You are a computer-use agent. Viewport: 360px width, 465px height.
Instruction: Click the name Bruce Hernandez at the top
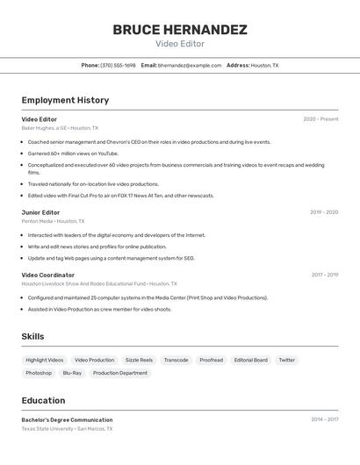click(180, 30)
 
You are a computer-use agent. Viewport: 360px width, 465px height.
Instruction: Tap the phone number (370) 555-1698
click(118, 65)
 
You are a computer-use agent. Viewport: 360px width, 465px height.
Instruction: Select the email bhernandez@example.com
click(190, 65)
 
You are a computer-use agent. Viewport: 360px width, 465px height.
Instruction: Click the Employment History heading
click(65, 100)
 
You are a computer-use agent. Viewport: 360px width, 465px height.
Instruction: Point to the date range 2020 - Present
click(320, 119)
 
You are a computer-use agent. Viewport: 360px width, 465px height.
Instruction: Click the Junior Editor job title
click(41, 212)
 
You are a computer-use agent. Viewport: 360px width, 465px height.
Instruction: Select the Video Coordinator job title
click(48, 275)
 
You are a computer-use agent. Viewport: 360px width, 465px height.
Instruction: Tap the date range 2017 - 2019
click(324, 275)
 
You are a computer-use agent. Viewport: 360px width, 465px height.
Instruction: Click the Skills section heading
click(32, 336)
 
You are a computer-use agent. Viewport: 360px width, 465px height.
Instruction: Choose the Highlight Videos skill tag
click(45, 360)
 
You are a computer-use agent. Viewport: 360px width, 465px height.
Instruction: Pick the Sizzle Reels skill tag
click(139, 360)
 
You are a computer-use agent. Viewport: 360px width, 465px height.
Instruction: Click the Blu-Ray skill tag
click(72, 373)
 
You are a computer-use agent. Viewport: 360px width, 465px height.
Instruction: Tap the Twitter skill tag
click(287, 360)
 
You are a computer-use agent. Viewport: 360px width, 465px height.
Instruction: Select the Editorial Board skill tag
click(251, 360)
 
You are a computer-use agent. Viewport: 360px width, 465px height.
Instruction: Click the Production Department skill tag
click(120, 373)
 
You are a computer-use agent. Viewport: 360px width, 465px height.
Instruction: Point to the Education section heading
click(43, 399)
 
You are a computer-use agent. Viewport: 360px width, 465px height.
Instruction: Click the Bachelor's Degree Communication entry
click(67, 419)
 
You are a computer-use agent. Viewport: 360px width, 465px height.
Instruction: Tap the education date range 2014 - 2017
click(324, 419)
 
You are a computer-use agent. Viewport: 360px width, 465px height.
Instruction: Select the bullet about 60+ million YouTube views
click(73, 154)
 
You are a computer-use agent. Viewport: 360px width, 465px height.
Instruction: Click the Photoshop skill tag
click(39, 373)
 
